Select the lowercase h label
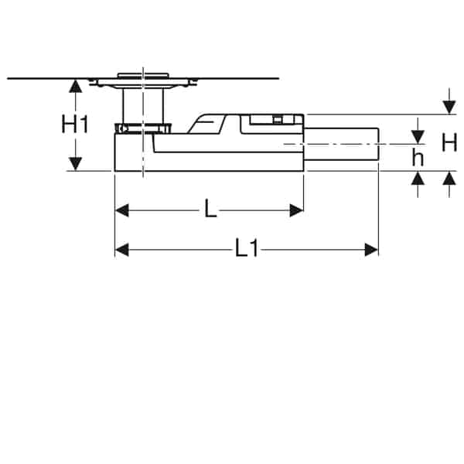click(418, 158)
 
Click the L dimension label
click(210, 208)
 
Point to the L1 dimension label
click(246, 249)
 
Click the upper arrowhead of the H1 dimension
click(75, 87)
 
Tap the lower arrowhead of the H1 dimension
click(75, 163)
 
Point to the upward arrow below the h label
click(418, 179)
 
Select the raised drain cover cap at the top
click(142, 76)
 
